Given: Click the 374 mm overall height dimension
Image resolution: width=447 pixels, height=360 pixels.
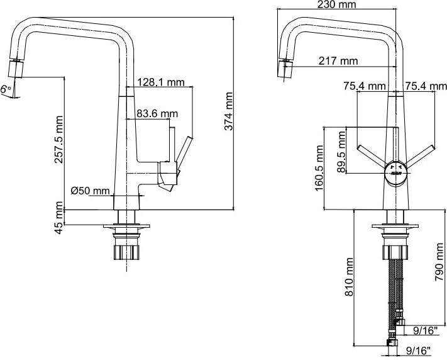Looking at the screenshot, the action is click(228, 111).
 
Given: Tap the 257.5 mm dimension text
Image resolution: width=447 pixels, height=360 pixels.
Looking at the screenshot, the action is click(58, 139).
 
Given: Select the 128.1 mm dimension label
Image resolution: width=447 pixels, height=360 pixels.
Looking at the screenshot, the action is click(161, 82).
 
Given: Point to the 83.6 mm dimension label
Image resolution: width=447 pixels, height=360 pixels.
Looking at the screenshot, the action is click(157, 114).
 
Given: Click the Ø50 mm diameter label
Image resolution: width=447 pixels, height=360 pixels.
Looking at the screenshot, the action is click(90, 191).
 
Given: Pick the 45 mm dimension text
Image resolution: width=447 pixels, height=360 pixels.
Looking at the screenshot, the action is click(58, 218).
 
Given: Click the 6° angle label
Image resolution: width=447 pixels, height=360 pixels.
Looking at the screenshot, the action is click(6, 89).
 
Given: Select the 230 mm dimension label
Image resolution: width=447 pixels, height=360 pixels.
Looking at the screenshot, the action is click(337, 4).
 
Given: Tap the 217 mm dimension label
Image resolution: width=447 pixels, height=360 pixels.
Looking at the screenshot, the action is click(338, 61).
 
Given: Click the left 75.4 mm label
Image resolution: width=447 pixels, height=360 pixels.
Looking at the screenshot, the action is click(365, 86).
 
